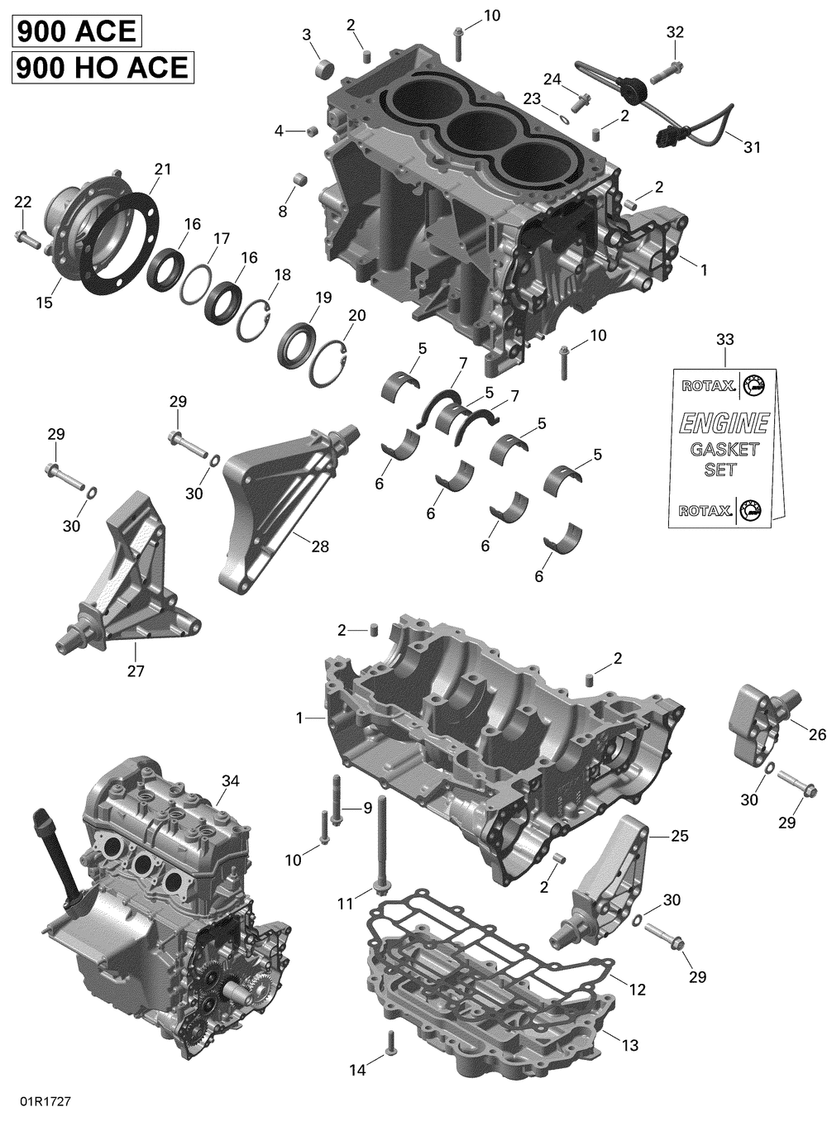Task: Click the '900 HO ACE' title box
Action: [x=103, y=67]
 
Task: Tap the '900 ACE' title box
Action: [x=76, y=31]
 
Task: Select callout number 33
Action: [x=725, y=339]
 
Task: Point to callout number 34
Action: [x=230, y=780]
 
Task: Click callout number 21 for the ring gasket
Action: [x=162, y=169]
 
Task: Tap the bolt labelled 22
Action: [x=28, y=238]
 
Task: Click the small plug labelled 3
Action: [x=325, y=69]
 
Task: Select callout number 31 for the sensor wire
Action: [x=752, y=147]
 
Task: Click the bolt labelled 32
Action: [x=667, y=73]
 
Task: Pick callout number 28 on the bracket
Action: [x=320, y=546]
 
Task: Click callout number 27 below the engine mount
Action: [x=136, y=670]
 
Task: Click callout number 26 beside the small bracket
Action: [x=817, y=734]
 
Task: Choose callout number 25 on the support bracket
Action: [x=679, y=836]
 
